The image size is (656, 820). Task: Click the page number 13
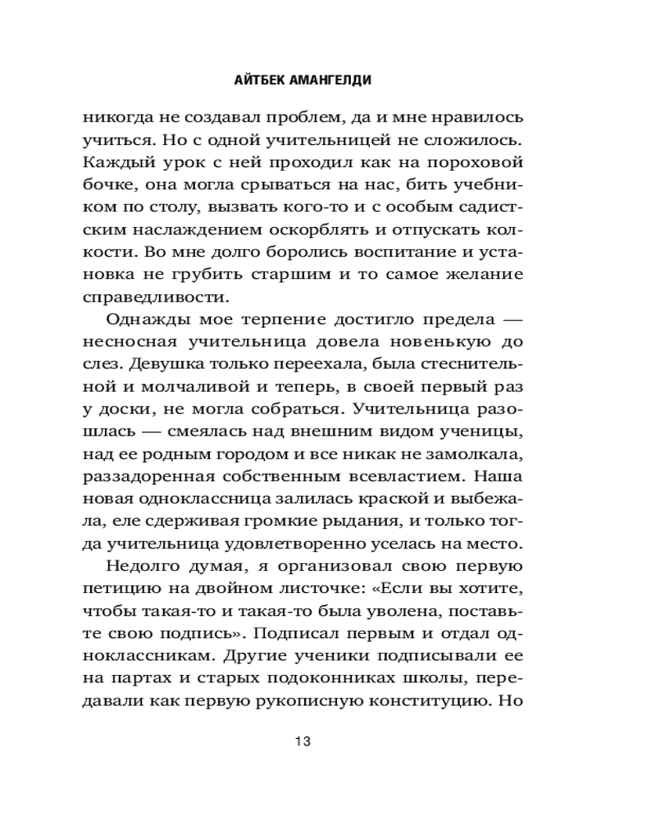coord(302,743)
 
